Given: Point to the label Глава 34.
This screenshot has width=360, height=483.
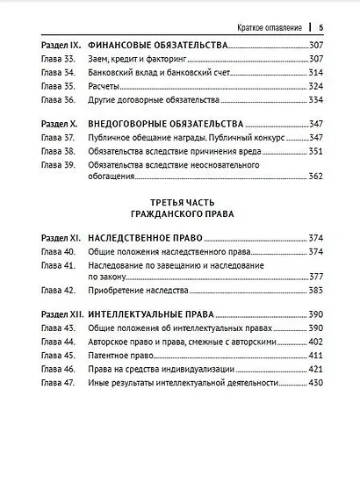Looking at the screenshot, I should pyautogui.click(x=56, y=73).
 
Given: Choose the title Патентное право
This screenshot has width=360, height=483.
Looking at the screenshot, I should pyautogui.click(x=116, y=356).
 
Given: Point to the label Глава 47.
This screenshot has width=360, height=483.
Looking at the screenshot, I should pyautogui.click(x=56, y=383).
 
